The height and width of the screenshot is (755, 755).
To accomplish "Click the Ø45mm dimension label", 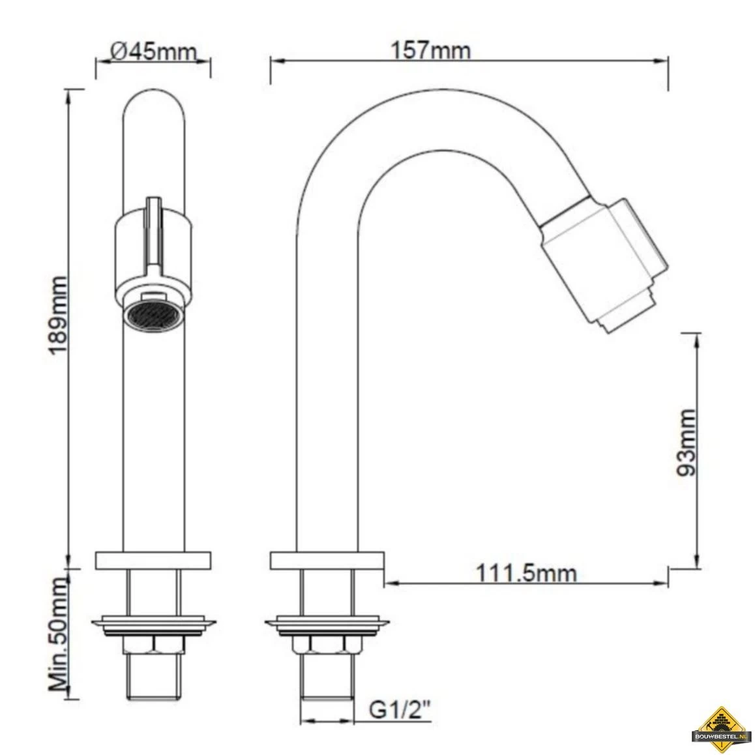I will point(154,51).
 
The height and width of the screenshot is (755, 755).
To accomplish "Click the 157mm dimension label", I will point(430,50).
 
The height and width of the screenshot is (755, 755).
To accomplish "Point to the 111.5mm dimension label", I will point(526,573).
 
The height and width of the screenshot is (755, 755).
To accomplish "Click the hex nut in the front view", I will point(154,645).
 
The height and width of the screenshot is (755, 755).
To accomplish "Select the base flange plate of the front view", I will point(154,560).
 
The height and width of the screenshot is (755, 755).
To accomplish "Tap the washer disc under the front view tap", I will point(154,624).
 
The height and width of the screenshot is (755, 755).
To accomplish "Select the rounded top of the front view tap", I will point(154,104).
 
